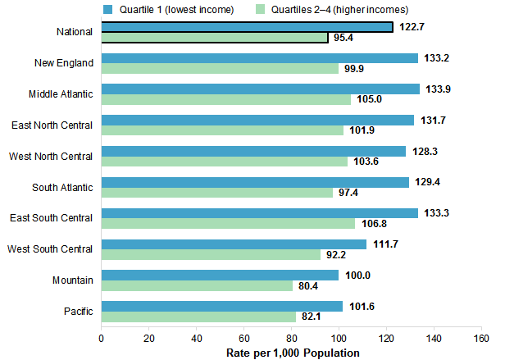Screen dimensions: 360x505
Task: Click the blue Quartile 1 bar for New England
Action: pos(260,58)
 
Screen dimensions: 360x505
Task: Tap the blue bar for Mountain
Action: pos(220,275)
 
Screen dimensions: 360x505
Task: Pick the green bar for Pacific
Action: pos(198,317)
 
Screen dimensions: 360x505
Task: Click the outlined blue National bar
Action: pos(247,27)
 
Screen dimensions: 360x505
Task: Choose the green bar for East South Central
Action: pos(228,223)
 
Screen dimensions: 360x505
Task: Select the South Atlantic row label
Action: pos(63,187)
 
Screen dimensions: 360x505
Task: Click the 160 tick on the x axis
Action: pos(480,338)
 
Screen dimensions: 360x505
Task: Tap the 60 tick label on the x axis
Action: pos(243,338)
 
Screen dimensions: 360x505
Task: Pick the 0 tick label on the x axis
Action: pos(102,338)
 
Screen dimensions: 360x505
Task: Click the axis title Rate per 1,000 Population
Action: pos(293,353)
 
